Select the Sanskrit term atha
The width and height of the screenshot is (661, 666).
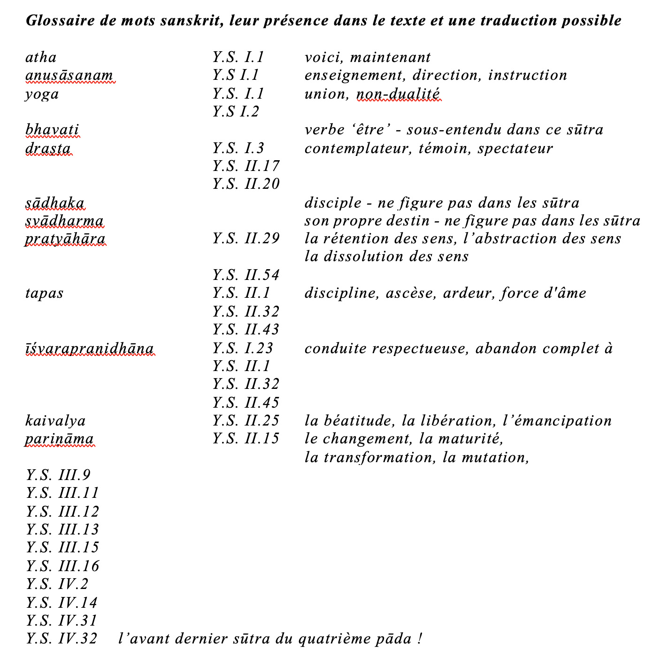coord(41,57)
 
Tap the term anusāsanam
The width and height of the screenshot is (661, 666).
coord(69,76)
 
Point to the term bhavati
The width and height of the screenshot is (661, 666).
coord(52,130)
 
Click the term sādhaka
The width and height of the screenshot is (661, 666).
coord(55,203)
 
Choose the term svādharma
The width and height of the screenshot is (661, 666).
coord(64,221)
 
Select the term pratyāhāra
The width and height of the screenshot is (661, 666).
coord(65,239)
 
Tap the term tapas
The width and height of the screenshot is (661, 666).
coord(45,294)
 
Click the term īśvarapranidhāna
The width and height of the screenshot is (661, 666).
coord(90,348)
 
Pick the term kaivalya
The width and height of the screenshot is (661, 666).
coord(55,421)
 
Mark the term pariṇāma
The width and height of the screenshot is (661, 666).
coord(60,439)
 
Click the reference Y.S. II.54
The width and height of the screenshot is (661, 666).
coord(246,275)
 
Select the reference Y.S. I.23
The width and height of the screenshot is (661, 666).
coord(243,348)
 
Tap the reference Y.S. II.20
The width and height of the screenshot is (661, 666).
coord(246,184)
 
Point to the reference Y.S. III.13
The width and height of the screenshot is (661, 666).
coord(62,530)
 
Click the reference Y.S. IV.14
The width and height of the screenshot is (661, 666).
coord(61,603)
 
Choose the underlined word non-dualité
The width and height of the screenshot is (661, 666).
coord(399,94)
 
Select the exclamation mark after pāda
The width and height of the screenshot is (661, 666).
coord(419,639)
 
